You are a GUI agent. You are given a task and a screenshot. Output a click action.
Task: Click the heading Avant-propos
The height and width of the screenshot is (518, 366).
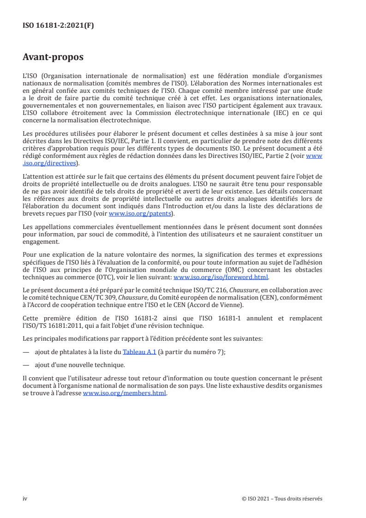click(x=53, y=58)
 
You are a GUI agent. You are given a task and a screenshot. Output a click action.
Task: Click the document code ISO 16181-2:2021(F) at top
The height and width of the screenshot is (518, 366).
click(x=58, y=26)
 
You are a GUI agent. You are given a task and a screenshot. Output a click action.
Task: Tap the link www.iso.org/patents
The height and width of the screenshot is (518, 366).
click(x=140, y=214)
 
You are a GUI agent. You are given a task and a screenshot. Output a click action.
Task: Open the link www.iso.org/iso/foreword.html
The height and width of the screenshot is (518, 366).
click(x=221, y=277)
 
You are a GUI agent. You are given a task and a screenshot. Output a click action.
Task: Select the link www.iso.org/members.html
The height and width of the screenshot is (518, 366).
click(x=124, y=394)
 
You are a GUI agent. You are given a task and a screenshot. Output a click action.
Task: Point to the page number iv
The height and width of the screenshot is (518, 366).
click(x=25, y=499)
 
